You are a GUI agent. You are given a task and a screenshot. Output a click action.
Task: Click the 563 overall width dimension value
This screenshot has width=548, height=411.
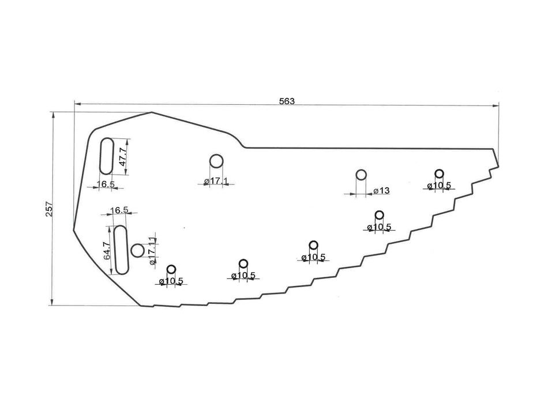pos(287,101)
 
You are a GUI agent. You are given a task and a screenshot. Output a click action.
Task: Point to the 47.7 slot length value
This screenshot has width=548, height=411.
pos(122,156)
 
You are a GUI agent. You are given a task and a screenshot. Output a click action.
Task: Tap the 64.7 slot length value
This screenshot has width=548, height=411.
pos(107,251)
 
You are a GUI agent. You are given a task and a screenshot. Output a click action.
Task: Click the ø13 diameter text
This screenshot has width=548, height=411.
pos(381,191)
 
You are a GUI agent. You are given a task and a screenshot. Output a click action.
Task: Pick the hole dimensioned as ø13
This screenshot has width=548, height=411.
pos(361,175)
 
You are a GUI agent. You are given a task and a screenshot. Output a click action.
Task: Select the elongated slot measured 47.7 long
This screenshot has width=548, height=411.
pos(107,155)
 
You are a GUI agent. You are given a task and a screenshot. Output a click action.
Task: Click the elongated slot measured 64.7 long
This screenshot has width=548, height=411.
pos(121,250)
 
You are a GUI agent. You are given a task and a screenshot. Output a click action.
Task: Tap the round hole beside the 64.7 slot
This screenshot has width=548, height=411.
pos(137,251)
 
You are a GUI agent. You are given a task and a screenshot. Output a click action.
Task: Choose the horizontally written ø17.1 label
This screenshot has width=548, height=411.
pos(216,182)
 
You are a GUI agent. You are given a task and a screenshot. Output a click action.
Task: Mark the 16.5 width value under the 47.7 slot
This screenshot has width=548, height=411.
pos(106,184)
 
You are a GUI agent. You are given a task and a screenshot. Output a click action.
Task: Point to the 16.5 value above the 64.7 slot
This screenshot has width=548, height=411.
pos(118,210)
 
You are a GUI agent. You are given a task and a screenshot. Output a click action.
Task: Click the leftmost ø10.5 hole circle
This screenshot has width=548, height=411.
pos(171,269)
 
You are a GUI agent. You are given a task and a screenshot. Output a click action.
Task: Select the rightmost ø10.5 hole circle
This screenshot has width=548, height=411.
pos(439,174)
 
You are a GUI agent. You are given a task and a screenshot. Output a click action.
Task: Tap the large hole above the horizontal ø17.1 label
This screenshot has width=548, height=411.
pos(216,161)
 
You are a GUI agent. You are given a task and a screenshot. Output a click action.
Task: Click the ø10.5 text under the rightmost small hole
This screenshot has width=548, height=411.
pos(440,186)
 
